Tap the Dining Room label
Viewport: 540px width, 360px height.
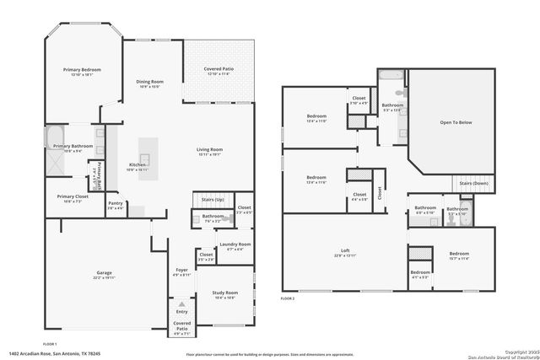pos(149,82)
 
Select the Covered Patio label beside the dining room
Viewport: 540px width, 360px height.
pos(218,69)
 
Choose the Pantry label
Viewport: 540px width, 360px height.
pos(115,203)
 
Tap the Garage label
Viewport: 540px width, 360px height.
pos(105,272)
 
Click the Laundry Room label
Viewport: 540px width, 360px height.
pos(235,244)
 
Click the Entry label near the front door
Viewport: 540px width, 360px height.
pos(181,310)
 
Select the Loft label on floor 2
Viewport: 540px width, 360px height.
pos(345,250)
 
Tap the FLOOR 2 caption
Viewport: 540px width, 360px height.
pos(289,298)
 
